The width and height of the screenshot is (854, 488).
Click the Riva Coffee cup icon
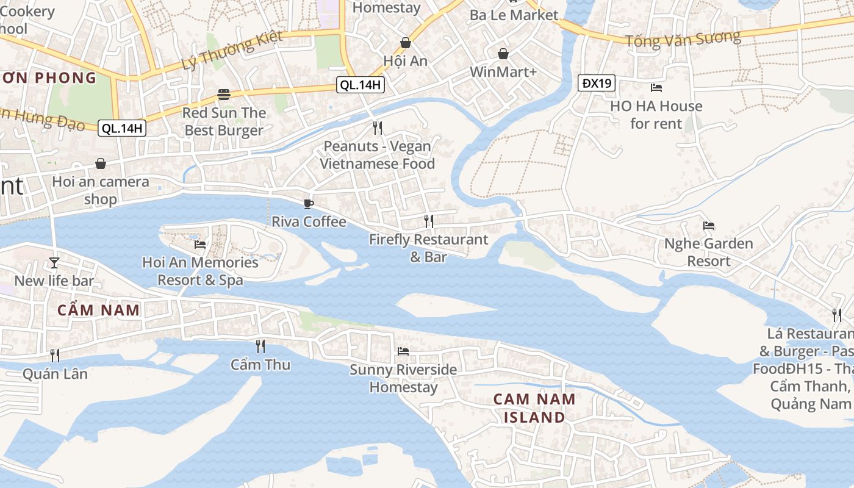309,204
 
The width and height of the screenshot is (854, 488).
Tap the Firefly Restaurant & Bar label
428,248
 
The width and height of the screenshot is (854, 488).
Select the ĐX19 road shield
597,84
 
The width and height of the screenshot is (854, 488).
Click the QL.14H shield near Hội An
361,85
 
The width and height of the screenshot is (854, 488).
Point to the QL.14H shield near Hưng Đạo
122,128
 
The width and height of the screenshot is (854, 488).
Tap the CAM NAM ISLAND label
534,408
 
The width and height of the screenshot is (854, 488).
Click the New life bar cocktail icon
54,263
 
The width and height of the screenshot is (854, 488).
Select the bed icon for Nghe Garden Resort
708,226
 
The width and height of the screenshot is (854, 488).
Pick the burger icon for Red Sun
224,95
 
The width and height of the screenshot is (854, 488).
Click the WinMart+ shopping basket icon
503,54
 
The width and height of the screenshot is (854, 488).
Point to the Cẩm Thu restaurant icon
260,346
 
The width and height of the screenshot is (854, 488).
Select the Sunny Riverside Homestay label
403,378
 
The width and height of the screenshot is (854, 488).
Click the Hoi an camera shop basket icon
100,163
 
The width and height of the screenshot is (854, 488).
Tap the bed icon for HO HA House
656,88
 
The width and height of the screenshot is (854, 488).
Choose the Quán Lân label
55,373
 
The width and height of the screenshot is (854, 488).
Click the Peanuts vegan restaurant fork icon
378,128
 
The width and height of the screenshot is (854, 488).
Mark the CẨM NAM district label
99,310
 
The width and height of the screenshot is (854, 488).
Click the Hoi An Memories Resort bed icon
199,245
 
